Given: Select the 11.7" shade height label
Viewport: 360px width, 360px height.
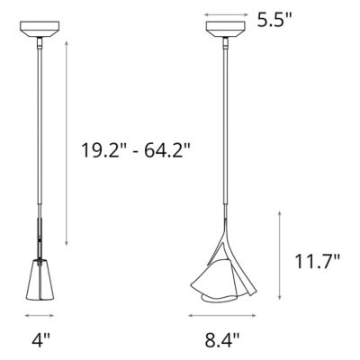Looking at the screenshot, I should [318, 262].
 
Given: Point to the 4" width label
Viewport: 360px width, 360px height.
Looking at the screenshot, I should [39, 341].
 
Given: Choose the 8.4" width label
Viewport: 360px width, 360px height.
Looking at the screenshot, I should [220, 341].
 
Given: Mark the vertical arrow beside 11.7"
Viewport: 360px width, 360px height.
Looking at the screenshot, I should [282, 260].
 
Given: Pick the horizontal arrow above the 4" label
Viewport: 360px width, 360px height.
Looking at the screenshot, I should [39, 316].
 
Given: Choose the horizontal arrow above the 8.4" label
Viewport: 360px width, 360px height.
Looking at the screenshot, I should [220, 316].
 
